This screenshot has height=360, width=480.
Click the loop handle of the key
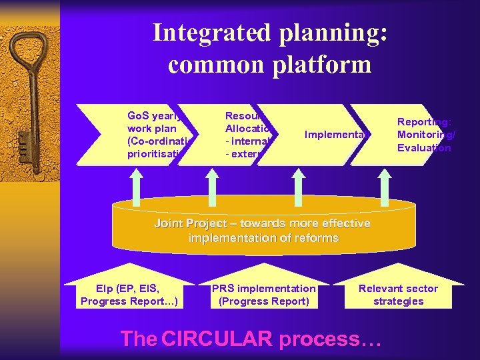[31, 56]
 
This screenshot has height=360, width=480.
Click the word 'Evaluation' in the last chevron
[424, 147]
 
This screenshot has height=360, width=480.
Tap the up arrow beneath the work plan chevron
[137, 186]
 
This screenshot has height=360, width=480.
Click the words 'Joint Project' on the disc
[190, 223]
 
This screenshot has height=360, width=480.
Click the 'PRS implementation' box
[264, 295]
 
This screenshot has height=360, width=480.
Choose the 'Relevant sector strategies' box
[398, 295]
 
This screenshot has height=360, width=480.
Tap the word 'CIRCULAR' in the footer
[217, 339]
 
